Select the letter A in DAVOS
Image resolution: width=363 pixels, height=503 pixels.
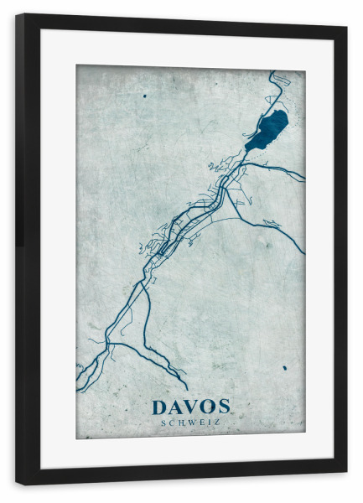click(x=176, y=407)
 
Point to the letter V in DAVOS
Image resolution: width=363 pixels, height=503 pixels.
click(x=191, y=407)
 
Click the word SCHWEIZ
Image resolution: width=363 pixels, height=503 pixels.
click(x=190, y=423)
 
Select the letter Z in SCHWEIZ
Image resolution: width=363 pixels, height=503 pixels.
click(x=217, y=423)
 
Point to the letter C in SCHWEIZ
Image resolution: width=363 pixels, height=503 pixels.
click(x=172, y=423)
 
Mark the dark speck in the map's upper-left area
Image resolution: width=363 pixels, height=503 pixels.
click(x=144, y=96)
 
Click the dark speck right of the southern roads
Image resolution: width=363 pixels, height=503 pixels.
click(x=284, y=367)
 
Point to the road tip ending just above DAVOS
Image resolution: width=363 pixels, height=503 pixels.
click(x=187, y=389)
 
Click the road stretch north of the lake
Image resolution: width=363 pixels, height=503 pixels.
click(x=277, y=88)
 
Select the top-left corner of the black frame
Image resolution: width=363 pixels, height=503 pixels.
click(x=17, y=14)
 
